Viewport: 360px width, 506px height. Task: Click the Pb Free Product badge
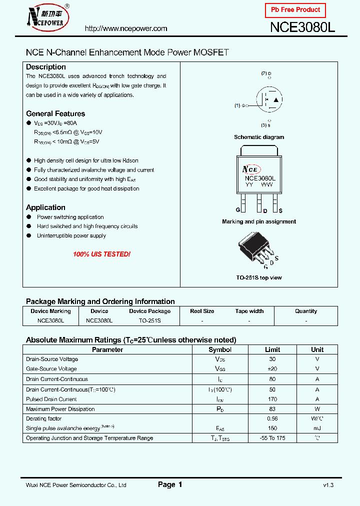click(295, 10)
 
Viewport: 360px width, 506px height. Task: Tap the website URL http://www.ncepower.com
click(126, 28)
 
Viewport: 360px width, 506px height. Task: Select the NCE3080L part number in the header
click(302, 28)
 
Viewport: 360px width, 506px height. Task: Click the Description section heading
click(46, 67)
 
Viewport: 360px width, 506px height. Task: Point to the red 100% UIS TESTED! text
click(101, 254)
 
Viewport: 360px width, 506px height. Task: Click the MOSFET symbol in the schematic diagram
click(268, 99)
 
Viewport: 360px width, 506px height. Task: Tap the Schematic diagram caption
click(259, 137)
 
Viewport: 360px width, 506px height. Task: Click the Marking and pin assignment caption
click(259, 221)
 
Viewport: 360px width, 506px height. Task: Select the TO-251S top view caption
click(259, 277)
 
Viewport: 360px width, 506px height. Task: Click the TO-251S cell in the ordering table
click(149, 320)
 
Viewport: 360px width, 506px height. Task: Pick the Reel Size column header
click(202, 311)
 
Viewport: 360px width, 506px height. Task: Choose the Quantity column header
click(306, 311)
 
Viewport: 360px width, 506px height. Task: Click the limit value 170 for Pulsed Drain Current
click(272, 399)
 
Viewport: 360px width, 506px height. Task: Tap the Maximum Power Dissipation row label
click(60, 409)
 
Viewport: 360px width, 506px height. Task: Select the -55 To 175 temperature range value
click(272, 438)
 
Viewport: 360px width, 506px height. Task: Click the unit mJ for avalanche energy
click(317, 428)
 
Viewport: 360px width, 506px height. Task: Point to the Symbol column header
click(220, 349)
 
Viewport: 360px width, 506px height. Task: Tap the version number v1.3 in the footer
click(328, 485)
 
